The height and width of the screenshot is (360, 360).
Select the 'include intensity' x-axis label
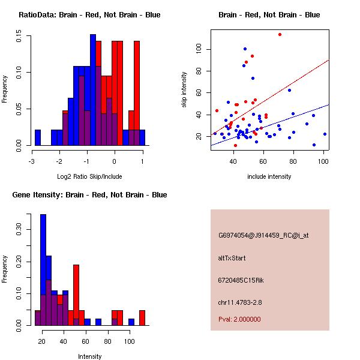point(269,176)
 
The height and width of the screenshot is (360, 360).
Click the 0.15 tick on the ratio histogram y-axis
point(19,37)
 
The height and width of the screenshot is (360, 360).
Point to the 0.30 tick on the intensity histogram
point(19,229)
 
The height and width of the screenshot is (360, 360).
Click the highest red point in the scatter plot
point(280,34)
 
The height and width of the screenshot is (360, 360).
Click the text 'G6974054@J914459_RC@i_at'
point(263,236)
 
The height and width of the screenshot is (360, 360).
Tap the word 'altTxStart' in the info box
point(232,258)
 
